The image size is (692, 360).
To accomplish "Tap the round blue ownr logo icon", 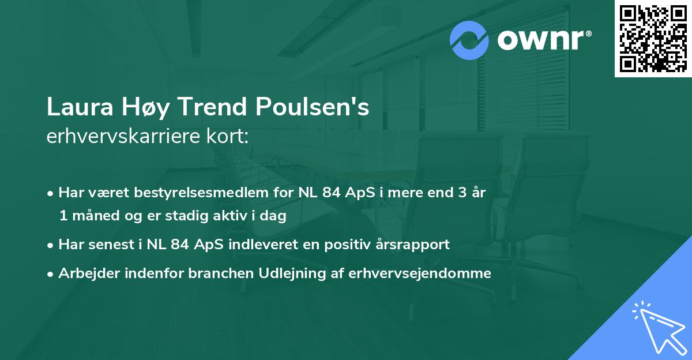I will click(469, 40).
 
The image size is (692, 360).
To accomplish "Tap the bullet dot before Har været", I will click(52, 193).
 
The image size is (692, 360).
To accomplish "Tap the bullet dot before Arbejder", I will click(52, 274).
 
